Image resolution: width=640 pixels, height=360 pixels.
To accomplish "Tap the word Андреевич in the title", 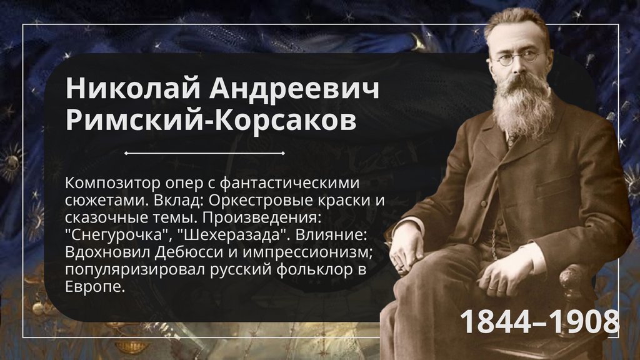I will [294, 89].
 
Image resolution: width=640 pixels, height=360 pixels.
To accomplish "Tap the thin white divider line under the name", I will [204, 152].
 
